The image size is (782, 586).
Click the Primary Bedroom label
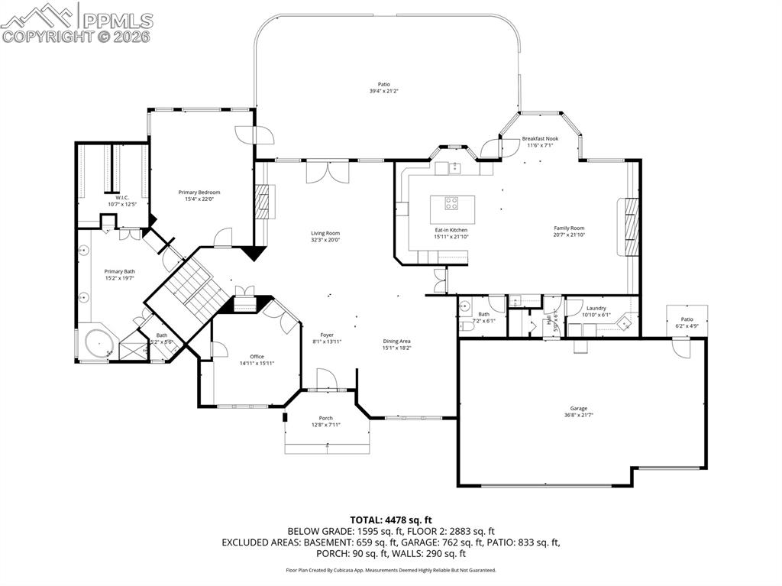click(x=199, y=192)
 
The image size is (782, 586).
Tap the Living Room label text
click(x=325, y=233)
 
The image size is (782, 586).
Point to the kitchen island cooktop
click(x=451, y=203)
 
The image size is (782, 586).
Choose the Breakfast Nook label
click(x=540, y=138)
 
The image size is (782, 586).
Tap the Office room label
click(x=257, y=356)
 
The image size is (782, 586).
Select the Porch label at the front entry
click(x=326, y=418)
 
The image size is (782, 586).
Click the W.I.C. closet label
click(x=111, y=197)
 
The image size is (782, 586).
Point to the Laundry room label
click(x=596, y=308)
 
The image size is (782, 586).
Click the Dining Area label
click(x=396, y=341)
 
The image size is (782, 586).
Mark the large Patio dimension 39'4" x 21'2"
click(x=384, y=91)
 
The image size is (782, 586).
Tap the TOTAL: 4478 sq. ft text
click(x=390, y=520)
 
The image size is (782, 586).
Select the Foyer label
click(x=327, y=335)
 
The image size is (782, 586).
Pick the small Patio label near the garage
click(x=687, y=319)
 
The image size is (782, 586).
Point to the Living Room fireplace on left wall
click(x=262, y=201)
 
